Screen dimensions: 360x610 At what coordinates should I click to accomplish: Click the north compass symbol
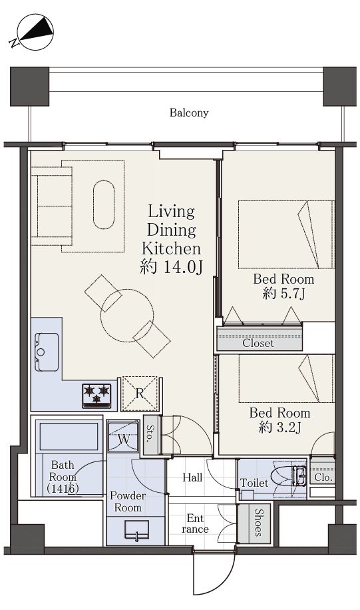click(x=33, y=32)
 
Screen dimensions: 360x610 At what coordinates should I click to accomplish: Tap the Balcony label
click(x=189, y=113)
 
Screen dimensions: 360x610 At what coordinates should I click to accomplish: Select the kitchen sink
click(x=47, y=352)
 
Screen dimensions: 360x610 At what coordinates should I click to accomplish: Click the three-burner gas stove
click(x=96, y=396)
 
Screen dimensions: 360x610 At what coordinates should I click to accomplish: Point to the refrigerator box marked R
click(x=140, y=394)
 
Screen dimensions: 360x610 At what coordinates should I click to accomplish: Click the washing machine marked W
click(x=123, y=436)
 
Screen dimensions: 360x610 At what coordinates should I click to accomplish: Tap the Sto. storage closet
click(x=150, y=434)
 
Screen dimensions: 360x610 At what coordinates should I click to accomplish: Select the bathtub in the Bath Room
click(x=68, y=436)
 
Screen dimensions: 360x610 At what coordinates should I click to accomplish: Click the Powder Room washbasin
click(x=136, y=529)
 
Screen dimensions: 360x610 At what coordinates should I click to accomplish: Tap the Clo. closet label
click(x=323, y=477)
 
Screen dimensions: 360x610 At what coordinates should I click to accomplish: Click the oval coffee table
click(x=104, y=204)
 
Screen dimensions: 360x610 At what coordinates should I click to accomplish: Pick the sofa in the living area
click(x=52, y=206)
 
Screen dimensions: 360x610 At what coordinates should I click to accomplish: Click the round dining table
click(x=127, y=316)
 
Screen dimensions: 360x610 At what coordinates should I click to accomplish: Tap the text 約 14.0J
click(x=172, y=267)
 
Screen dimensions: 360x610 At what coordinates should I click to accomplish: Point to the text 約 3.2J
click(x=279, y=428)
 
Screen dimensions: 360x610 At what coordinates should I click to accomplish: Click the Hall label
click(x=192, y=477)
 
